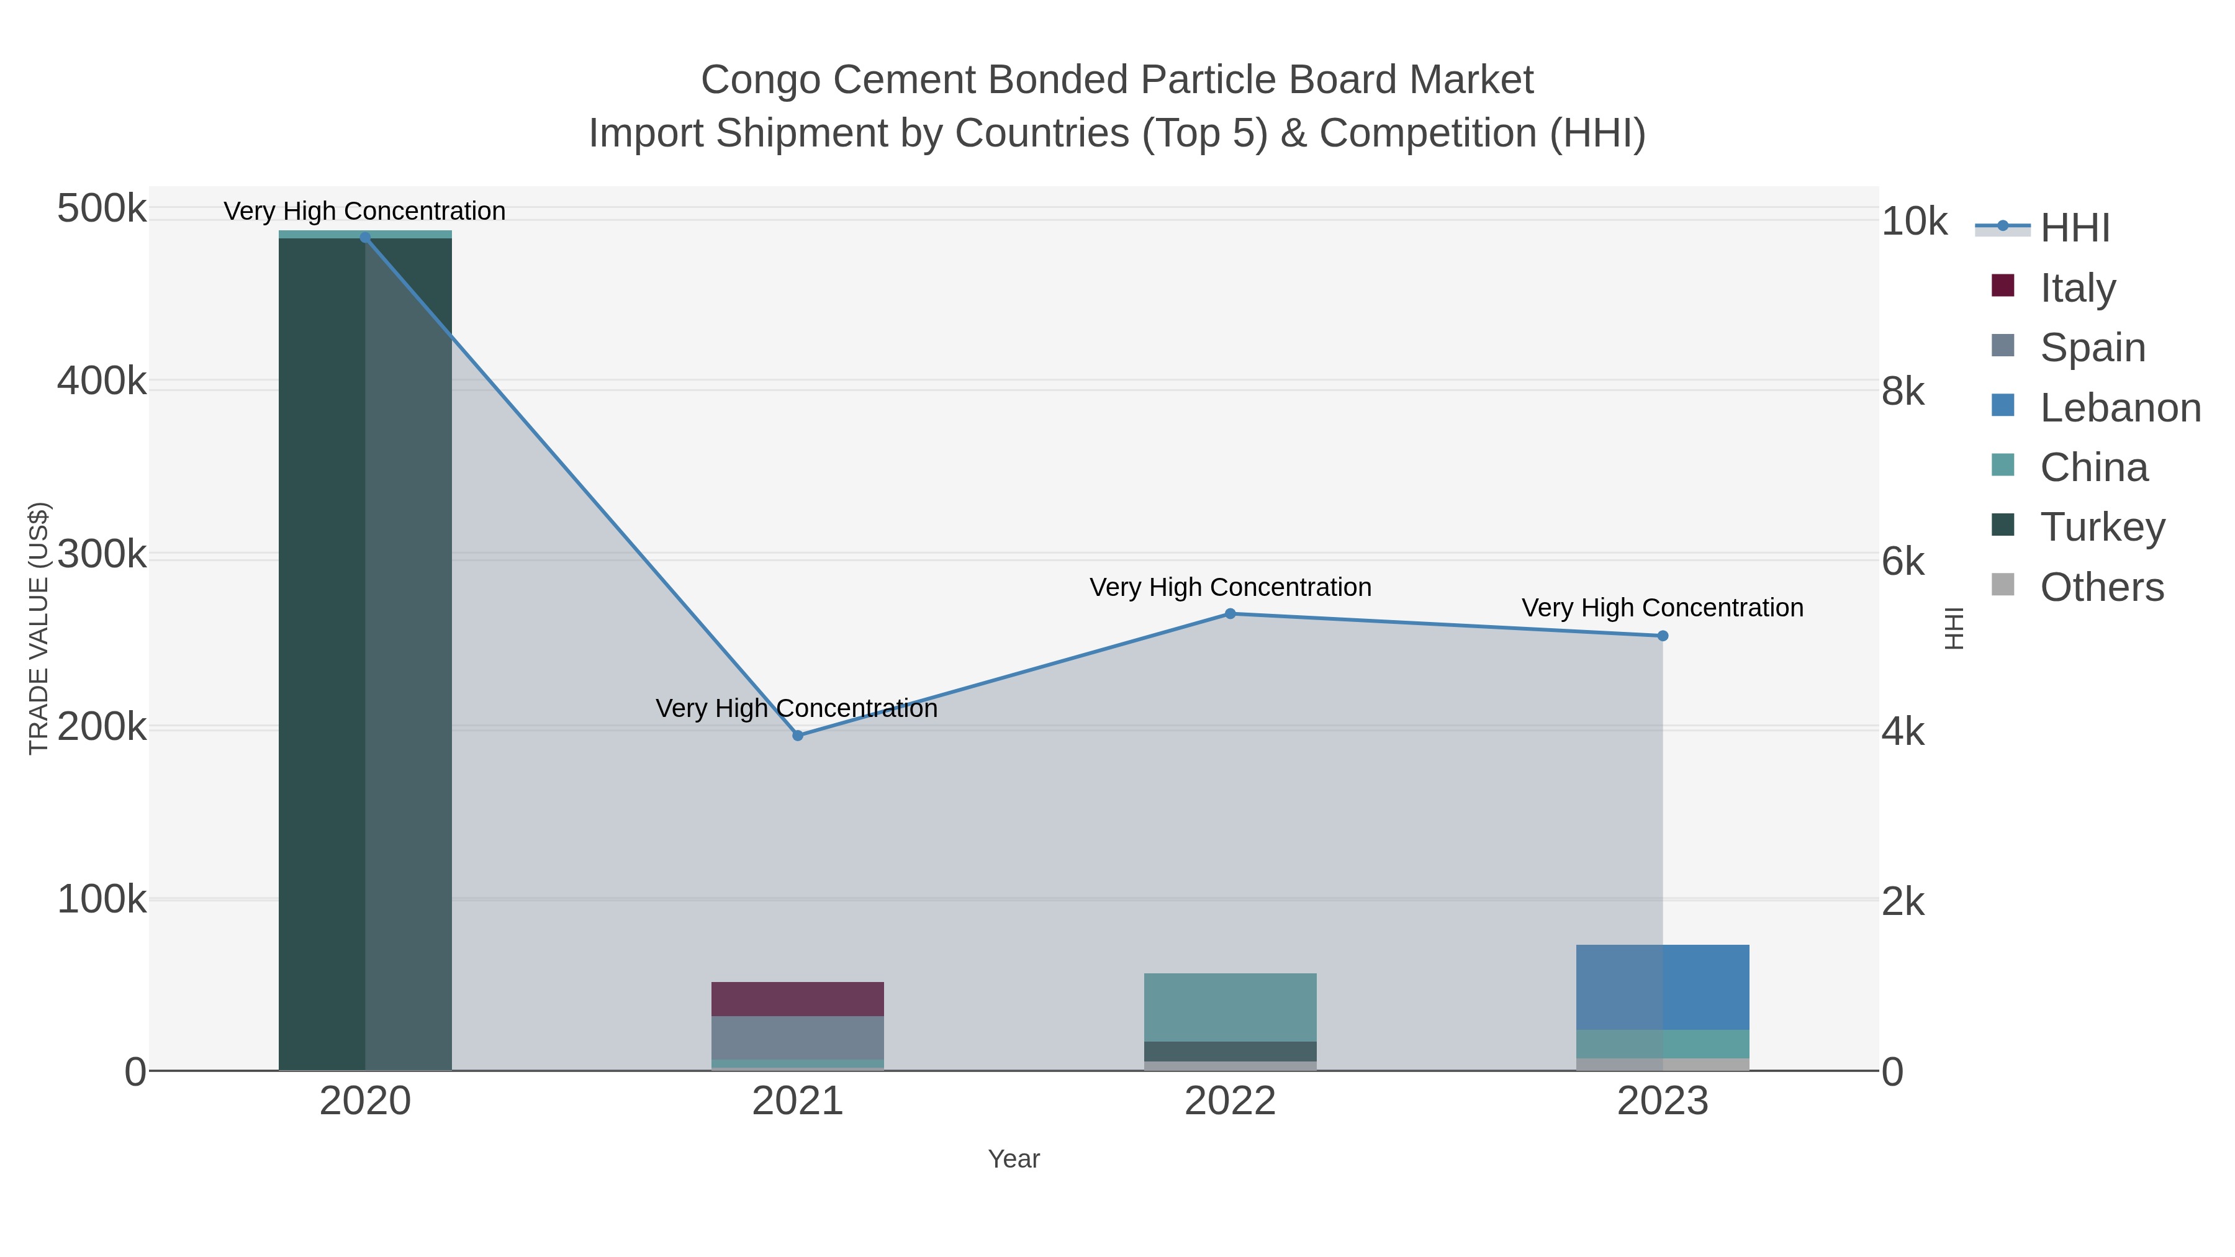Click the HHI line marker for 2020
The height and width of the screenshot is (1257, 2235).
click(364, 237)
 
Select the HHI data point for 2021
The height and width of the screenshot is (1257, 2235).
click(797, 736)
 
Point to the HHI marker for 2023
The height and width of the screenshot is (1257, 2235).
click(1663, 636)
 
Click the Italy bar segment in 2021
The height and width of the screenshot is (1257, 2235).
click(797, 999)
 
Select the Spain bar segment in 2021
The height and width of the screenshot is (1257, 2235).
click(797, 1037)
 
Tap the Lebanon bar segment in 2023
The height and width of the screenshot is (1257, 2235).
click(1663, 987)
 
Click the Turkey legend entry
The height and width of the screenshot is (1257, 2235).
click(2102, 528)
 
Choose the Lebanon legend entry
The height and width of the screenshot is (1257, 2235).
click(2120, 408)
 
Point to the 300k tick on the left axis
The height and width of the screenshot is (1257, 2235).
click(102, 554)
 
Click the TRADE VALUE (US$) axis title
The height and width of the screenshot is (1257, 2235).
click(39, 628)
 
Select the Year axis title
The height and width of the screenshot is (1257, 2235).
click(1013, 1159)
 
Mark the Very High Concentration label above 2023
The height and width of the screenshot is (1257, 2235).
click(1663, 608)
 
